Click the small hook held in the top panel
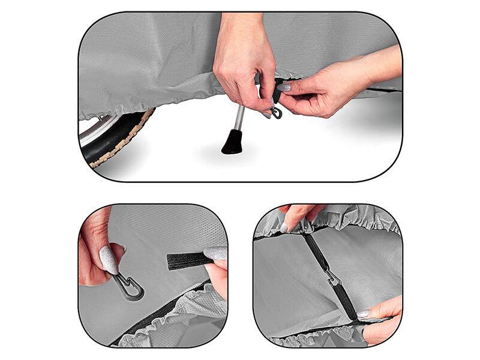tap(275, 112)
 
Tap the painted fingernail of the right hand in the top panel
tap(284, 87)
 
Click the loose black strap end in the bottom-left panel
tap(187, 260)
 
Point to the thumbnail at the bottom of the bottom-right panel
tap(363, 313)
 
